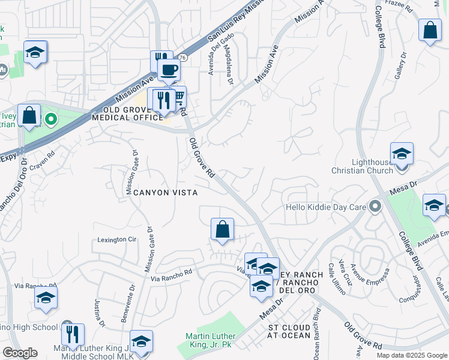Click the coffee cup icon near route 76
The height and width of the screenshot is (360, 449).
[169, 70]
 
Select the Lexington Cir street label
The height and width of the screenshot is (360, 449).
[117, 239]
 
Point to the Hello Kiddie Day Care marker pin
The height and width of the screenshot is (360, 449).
[376, 207]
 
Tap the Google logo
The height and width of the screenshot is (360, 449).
[19, 353]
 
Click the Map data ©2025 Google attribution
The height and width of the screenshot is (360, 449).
[412, 355]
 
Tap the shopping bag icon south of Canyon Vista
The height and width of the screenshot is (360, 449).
[222, 229]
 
